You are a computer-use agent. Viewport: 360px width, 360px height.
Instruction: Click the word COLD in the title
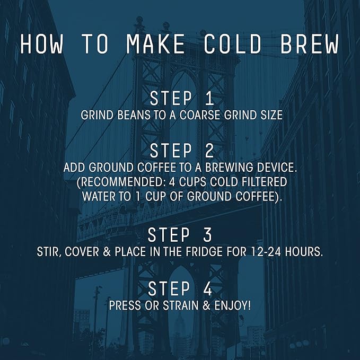point(233,44)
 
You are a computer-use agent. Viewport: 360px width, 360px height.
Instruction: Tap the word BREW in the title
point(310,44)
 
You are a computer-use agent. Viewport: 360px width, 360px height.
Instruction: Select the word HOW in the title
point(41,44)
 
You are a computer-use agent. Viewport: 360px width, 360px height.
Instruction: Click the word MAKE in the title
point(156,44)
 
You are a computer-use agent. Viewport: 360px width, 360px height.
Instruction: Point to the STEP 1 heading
point(182,98)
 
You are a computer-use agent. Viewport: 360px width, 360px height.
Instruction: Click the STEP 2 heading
point(182,151)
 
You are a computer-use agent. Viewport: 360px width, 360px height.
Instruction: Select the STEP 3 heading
point(180,235)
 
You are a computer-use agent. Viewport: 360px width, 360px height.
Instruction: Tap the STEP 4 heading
point(180,288)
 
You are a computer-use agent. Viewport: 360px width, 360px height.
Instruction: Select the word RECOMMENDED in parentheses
point(121,182)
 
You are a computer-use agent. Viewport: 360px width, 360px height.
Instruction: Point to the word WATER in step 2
point(99,197)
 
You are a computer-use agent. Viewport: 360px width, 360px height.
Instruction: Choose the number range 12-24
point(266,252)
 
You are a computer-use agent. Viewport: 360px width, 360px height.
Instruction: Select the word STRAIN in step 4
point(181,305)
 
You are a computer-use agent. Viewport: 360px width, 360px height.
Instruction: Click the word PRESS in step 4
point(125,305)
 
